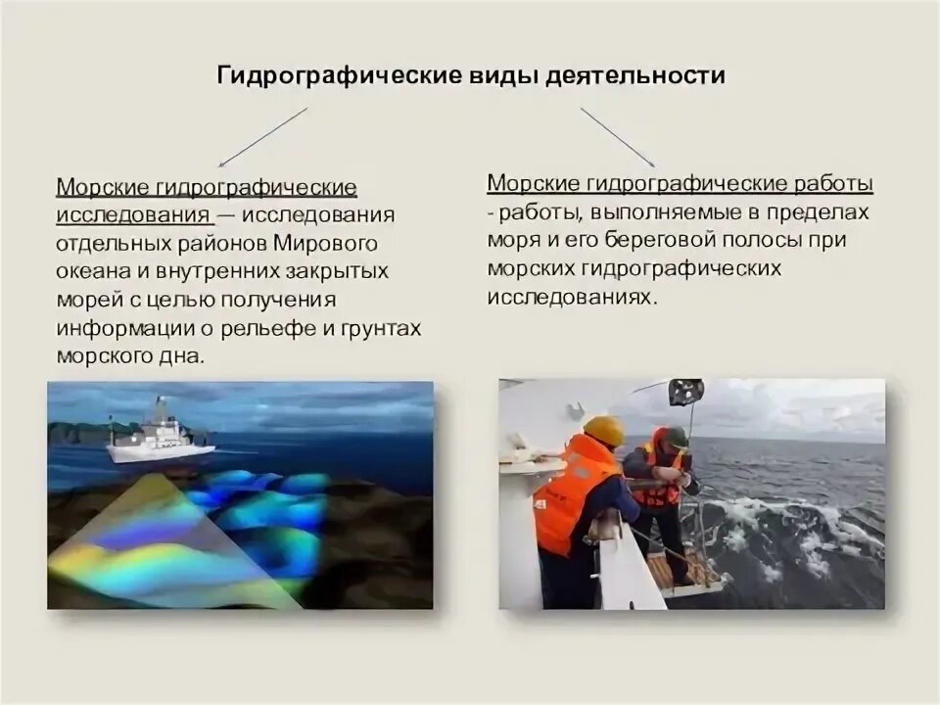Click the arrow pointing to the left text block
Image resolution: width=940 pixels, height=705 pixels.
click(262, 137)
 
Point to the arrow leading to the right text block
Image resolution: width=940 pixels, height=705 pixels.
click(617, 137)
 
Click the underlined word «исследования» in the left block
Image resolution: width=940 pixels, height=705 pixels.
click(131, 214)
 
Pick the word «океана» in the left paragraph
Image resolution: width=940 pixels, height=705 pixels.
click(94, 270)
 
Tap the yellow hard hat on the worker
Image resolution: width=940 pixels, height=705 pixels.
click(603, 429)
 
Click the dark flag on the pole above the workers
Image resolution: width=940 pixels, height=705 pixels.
click(685, 391)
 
